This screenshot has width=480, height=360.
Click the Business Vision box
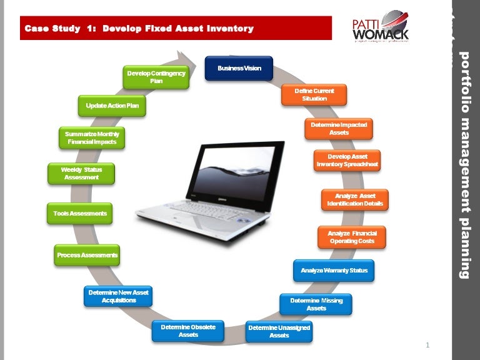coord(239,68)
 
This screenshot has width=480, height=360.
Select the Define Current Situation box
coord(314,95)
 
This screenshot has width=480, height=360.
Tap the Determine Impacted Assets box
coord(339,129)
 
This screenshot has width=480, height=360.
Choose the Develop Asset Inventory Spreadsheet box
coord(347,161)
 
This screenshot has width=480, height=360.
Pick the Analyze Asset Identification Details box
coord(355,200)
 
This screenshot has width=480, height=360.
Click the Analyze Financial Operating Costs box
coord(352,237)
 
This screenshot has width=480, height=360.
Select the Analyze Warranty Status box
coord(334,271)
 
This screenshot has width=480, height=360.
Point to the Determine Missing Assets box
coord(316,304)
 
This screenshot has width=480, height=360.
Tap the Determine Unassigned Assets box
coord(279,331)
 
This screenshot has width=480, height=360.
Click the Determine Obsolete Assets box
coord(188,331)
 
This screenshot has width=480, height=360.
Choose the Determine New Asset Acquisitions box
coord(119,296)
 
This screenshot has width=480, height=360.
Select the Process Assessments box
coord(87,255)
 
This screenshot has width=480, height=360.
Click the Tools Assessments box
coord(80,214)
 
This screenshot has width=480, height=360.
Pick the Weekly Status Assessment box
coord(81,173)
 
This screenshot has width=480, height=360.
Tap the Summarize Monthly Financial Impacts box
coord(92,138)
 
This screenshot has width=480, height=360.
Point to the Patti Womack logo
coord(381,27)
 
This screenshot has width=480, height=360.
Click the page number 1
coord(427,345)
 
